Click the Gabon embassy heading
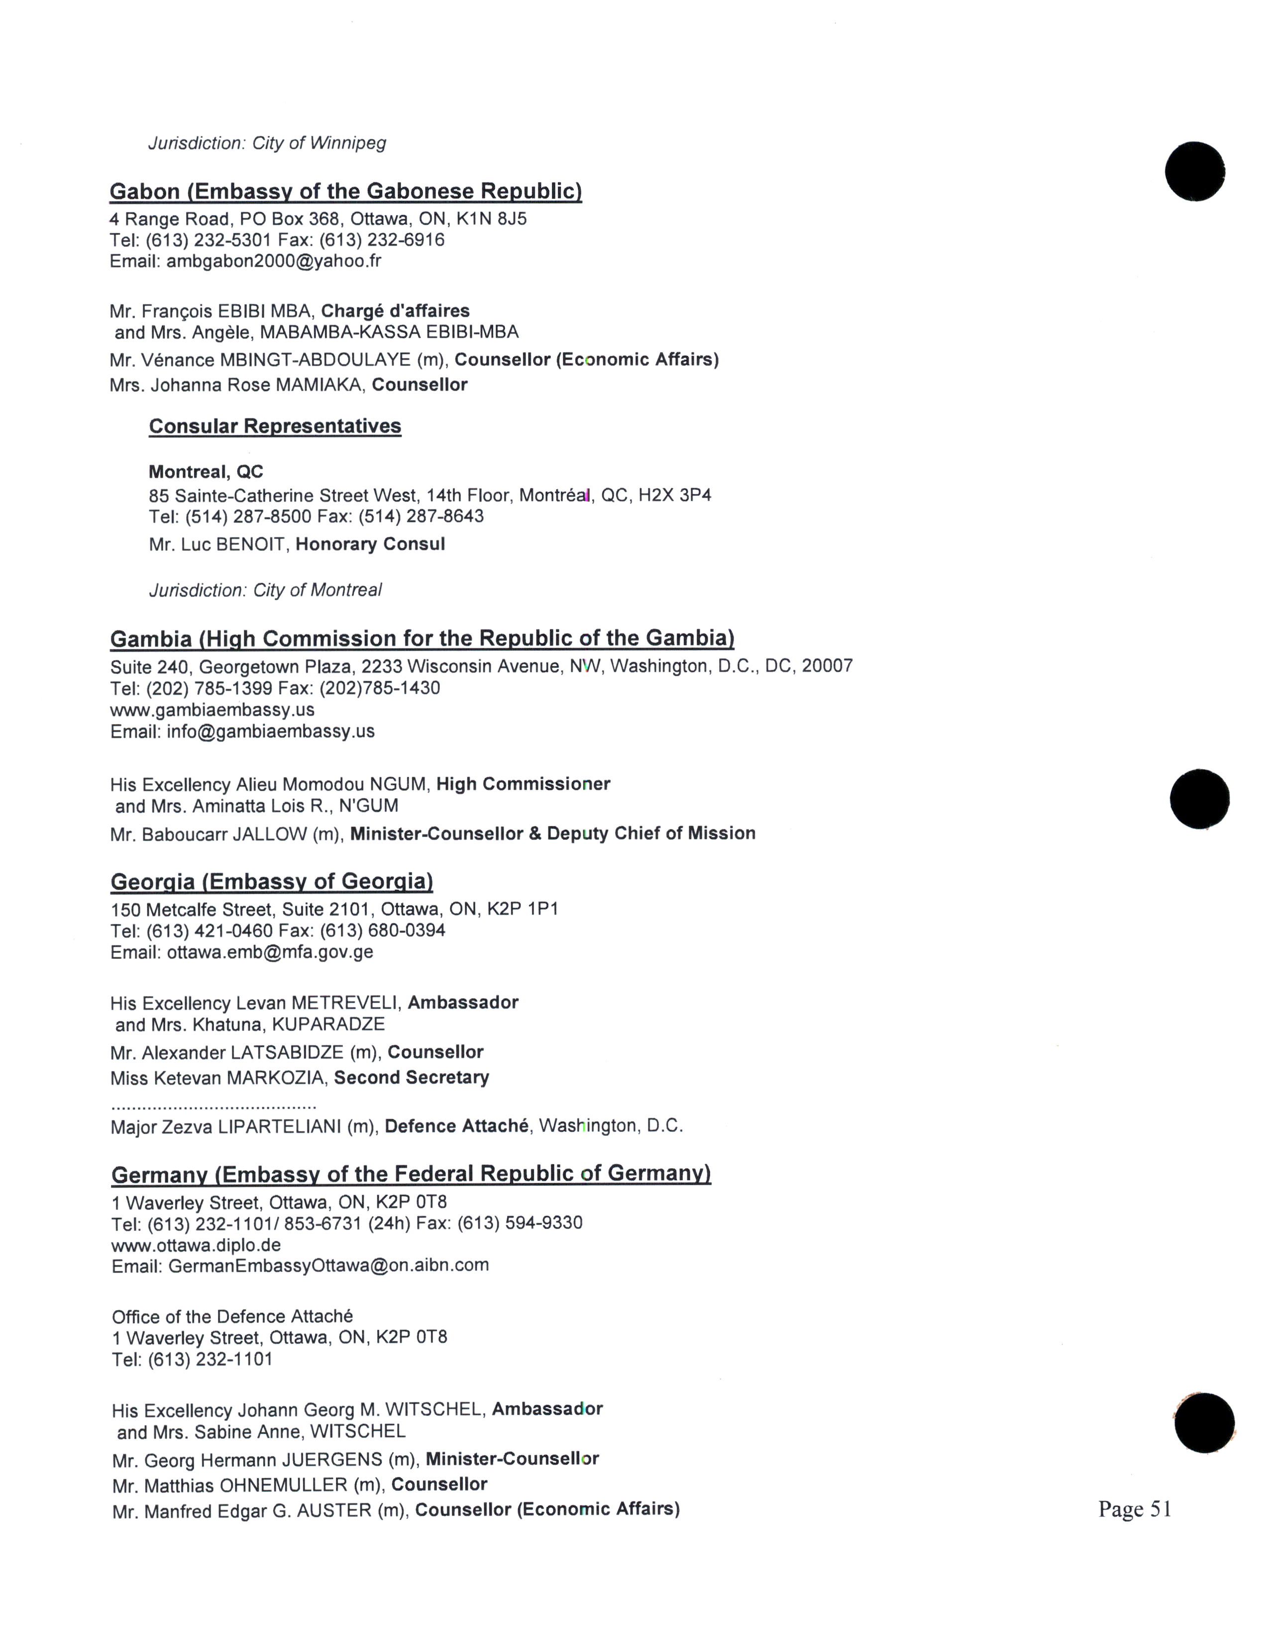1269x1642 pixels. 346,192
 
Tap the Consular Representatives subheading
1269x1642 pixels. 275,426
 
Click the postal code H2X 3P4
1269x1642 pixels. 674,496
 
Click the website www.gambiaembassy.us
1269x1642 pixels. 213,710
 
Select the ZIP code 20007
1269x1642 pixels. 827,666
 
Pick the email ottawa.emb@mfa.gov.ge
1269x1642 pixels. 270,952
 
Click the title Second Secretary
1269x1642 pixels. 411,1078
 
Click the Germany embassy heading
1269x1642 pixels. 411,1174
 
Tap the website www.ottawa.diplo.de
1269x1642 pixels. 196,1244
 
